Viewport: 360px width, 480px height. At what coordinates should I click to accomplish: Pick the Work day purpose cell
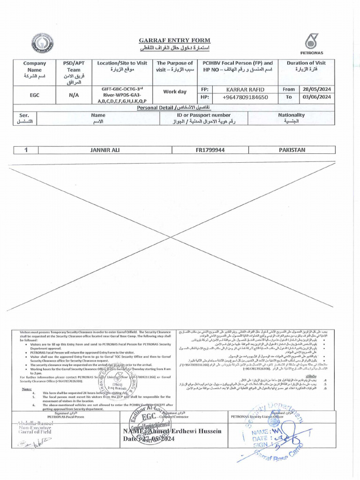click(174, 92)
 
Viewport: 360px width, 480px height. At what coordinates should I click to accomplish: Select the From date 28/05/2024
click(317, 89)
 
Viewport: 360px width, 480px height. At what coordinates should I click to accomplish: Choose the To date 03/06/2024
click(317, 97)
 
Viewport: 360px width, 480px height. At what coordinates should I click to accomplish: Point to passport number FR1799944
click(210, 150)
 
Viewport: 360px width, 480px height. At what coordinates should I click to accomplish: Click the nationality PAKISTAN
click(292, 150)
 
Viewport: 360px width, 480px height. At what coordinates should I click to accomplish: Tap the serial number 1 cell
click(27, 150)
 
